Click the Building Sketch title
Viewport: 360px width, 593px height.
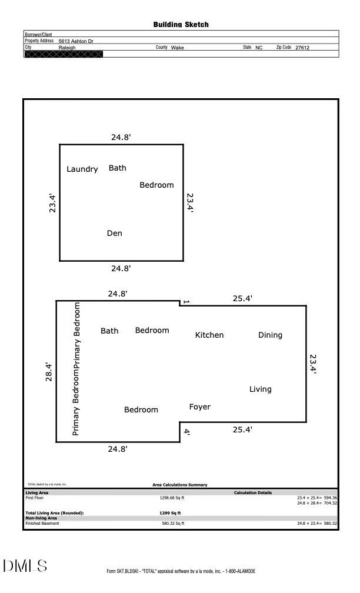(181, 25)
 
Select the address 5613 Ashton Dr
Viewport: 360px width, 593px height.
(76, 41)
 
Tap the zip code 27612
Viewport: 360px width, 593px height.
(302, 48)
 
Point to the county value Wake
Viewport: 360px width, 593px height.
(177, 48)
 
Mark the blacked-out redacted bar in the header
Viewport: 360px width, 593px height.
(63, 54)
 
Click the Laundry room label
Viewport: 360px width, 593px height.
(82, 169)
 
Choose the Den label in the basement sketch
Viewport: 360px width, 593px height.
(114, 234)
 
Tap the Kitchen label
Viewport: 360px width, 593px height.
(209, 335)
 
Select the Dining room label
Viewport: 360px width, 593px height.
(270, 335)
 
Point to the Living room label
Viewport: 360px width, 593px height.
(261, 389)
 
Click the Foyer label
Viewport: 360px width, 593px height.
(199, 407)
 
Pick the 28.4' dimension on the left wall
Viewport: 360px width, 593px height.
(49, 372)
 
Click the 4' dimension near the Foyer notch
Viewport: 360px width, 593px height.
(186, 432)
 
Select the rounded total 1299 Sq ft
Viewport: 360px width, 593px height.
(170, 513)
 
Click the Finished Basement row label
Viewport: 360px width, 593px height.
(42, 523)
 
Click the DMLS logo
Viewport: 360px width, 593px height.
(25, 566)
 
